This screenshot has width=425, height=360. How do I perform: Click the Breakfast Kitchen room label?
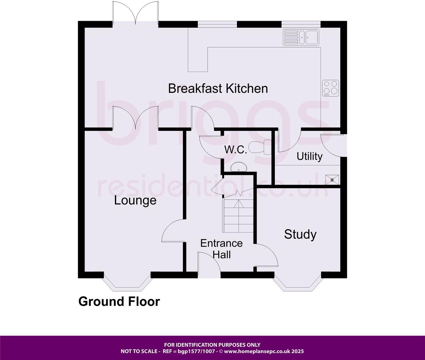218,88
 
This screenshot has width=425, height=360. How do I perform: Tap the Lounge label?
135,200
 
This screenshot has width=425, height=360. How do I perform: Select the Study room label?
300,234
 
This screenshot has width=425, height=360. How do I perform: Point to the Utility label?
309,156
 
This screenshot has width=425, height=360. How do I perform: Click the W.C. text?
235,150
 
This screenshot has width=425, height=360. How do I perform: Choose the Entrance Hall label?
222,249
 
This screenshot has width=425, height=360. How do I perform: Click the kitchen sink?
301,37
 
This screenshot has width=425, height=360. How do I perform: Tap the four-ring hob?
331,88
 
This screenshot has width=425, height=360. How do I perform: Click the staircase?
238,216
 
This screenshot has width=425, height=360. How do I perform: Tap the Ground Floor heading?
119,301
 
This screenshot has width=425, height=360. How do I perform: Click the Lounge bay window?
127,282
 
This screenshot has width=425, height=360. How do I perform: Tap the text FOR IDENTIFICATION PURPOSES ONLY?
212,345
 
